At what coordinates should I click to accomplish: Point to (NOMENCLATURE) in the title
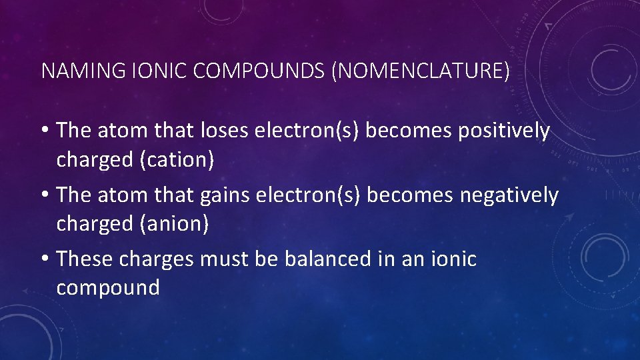[x=420, y=71]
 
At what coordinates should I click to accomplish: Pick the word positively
[x=503, y=131]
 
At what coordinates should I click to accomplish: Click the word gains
[x=225, y=195]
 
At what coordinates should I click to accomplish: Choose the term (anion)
[x=173, y=224]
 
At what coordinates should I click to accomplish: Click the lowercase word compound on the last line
[x=108, y=288]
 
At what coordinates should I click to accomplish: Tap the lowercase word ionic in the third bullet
[x=457, y=259]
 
